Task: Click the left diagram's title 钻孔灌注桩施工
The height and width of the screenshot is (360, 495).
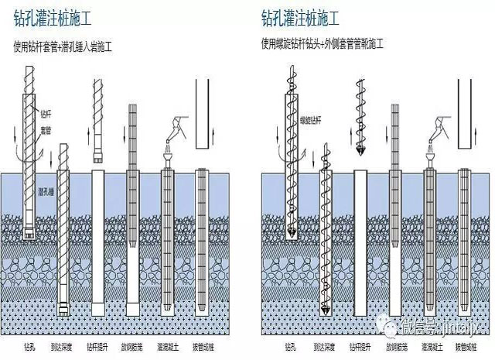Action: tap(58, 16)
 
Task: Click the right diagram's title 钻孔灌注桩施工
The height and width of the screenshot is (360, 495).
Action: tap(306, 16)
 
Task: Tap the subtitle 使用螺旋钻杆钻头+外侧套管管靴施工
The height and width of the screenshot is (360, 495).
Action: tap(323, 43)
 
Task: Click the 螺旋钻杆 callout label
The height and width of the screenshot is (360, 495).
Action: tap(311, 121)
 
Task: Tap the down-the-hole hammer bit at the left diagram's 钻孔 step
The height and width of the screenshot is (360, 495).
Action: tap(28, 231)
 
